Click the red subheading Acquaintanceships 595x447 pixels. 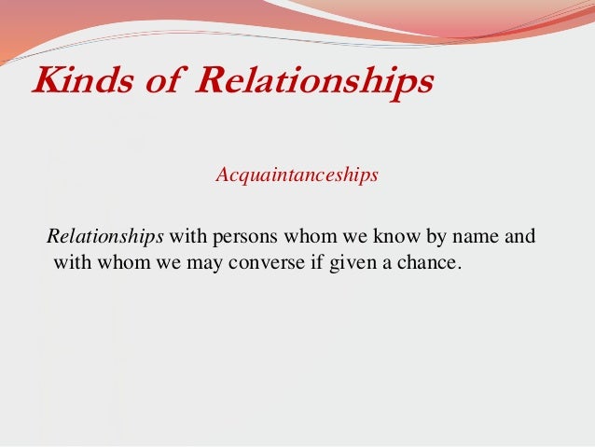click(x=297, y=175)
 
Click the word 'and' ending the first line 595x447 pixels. click(x=521, y=236)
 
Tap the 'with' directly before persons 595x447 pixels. click(x=185, y=236)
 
